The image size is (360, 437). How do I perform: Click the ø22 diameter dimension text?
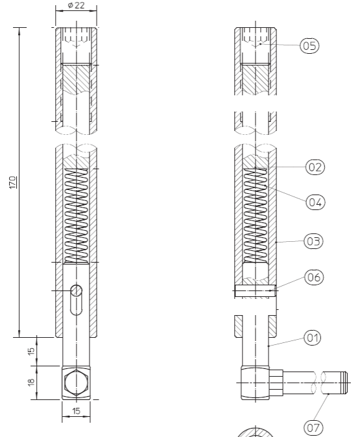coord(76,5)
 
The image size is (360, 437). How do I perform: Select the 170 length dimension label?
coord(12,182)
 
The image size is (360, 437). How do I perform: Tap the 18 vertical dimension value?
coord(31,382)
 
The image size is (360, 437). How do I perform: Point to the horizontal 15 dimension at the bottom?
coord(76,411)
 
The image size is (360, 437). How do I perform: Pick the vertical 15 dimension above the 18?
coord(31,350)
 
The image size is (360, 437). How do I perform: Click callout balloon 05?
coord(309,45)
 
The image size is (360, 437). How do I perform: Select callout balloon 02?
coord(315,167)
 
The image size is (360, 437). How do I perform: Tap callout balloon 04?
coord(315,202)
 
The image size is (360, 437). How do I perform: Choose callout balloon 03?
coord(313,241)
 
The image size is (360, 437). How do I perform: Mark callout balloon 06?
coord(314,278)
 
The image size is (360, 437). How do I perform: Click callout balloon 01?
coord(312,338)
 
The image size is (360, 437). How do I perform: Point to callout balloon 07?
coord(313,427)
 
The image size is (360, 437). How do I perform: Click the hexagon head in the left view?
coord(76,383)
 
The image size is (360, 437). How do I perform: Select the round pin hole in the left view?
coord(76,290)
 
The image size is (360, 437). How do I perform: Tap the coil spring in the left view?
coord(76,216)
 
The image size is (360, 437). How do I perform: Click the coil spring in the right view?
coord(255,216)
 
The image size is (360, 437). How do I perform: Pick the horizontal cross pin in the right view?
coord(256,290)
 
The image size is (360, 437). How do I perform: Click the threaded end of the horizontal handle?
coord(344,383)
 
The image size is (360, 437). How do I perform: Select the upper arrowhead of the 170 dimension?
coord(19,31)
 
